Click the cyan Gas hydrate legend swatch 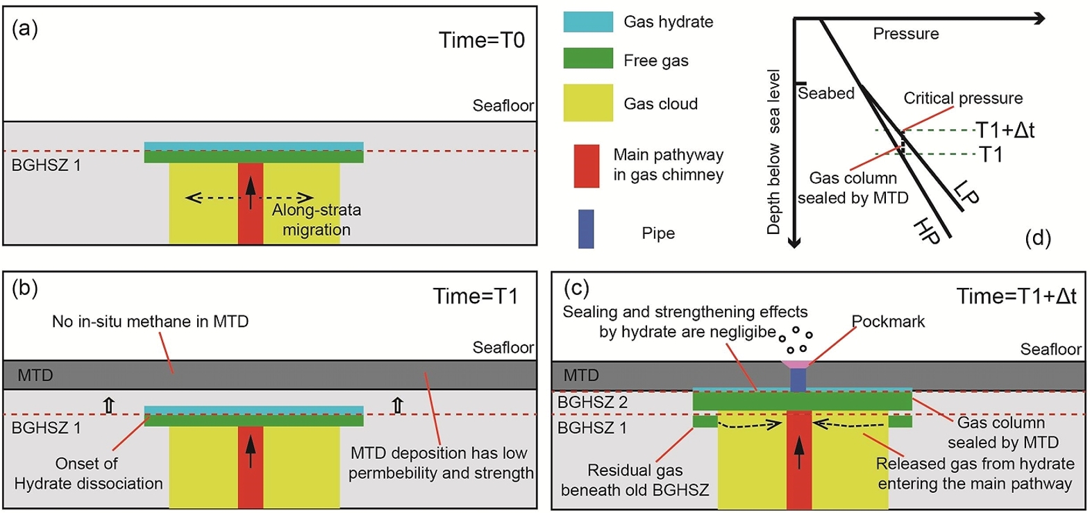[587, 22]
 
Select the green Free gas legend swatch [587, 58]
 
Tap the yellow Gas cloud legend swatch [587, 103]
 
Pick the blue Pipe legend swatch [586, 229]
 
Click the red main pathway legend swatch [586, 166]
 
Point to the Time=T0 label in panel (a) [481, 40]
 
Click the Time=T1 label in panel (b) [476, 296]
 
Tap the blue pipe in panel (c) [798, 379]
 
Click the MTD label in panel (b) [35, 376]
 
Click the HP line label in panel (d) [928, 230]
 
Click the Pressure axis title [905, 34]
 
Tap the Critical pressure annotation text [962, 99]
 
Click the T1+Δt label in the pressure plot [1005, 130]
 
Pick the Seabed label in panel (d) [825, 93]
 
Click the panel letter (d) [1037, 238]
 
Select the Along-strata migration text [316, 219]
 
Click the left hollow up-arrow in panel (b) [109, 405]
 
